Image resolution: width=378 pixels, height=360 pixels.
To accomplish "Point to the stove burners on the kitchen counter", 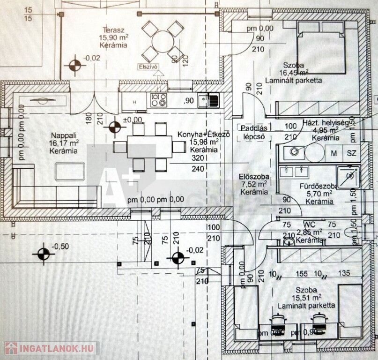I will click(x=159, y=99).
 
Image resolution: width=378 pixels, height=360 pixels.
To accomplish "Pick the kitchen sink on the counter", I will click(x=208, y=100).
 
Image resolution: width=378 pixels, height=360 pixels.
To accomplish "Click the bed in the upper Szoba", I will click(x=322, y=54).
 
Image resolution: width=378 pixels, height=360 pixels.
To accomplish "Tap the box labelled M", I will click(x=334, y=153).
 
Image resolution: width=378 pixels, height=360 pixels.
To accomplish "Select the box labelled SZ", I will click(x=351, y=153).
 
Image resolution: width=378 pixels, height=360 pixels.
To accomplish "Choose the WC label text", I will click(x=310, y=225).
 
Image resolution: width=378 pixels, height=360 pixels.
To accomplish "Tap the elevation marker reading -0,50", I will click(x=43, y=254).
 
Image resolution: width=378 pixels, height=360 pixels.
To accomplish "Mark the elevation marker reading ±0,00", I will click(x=115, y=127).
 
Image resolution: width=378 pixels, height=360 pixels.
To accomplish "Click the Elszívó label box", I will click(x=149, y=66).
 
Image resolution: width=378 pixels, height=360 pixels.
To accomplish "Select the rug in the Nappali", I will click(x=70, y=171).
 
